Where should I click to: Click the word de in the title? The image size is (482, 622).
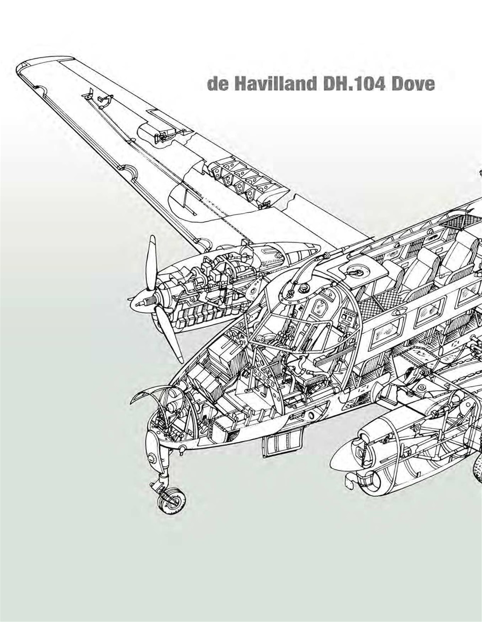216,84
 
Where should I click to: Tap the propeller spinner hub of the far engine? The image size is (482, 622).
142,304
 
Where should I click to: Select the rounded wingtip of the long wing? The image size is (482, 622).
29,68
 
